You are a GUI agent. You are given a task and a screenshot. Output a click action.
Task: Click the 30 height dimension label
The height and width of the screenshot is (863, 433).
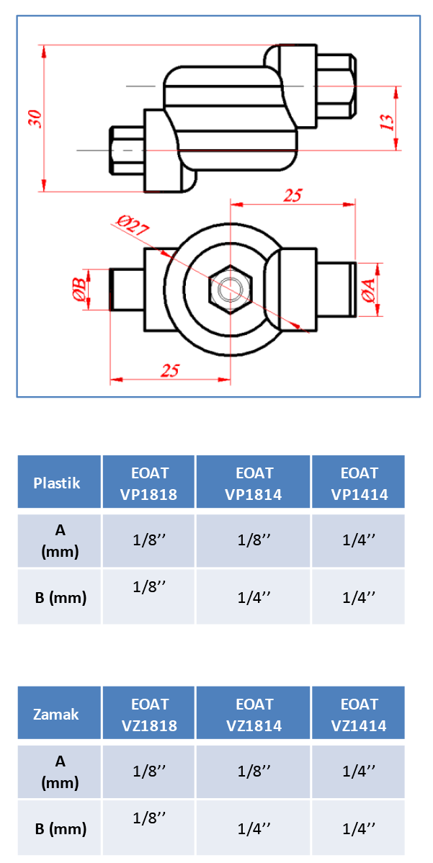(x=34, y=119)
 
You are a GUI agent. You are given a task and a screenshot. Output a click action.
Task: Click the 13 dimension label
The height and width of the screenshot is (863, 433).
(x=387, y=122)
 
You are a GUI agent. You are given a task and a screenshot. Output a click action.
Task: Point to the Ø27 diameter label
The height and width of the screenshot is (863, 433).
(x=132, y=226)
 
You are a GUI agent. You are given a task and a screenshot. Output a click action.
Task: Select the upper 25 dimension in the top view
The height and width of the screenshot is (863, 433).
(x=293, y=195)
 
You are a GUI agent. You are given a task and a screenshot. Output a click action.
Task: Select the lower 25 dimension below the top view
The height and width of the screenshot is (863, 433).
(x=170, y=370)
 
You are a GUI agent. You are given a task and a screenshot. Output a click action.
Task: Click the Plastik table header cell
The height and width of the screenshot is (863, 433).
(x=57, y=483)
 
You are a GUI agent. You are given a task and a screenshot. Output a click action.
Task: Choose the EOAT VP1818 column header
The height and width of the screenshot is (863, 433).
(x=149, y=483)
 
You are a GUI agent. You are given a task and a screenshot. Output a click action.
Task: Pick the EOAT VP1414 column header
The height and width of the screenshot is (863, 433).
(x=359, y=483)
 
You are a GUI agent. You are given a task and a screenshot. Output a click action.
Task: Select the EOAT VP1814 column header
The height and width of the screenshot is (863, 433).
(x=254, y=483)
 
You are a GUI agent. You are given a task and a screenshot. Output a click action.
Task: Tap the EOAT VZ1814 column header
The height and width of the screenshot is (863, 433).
(x=254, y=714)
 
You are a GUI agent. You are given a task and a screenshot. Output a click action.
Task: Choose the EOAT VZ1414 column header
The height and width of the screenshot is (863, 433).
(x=359, y=714)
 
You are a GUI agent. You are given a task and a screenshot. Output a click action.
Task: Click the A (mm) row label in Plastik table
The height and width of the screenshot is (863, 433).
(x=60, y=541)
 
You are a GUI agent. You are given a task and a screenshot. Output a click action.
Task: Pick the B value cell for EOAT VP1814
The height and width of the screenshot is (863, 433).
(x=254, y=597)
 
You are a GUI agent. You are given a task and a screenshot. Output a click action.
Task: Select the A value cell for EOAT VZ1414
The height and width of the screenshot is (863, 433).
(x=359, y=771)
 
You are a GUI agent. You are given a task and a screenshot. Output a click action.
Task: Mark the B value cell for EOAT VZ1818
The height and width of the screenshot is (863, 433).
(x=149, y=827)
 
